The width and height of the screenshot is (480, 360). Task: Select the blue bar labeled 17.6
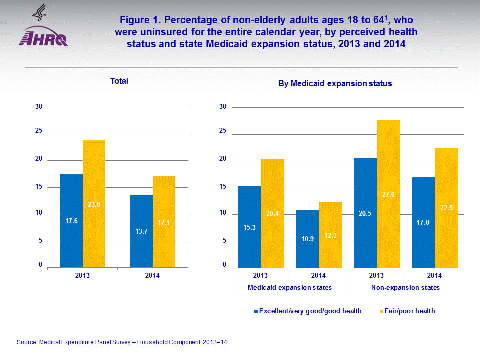click(71, 220)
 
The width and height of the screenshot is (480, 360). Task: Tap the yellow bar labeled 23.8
click(94, 204)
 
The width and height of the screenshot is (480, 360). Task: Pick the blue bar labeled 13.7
click(141, 231)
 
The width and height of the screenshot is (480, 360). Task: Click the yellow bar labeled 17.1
click(164, 222)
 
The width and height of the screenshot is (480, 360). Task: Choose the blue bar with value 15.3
click(249, 227)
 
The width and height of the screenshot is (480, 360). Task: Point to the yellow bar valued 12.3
click(330, 235)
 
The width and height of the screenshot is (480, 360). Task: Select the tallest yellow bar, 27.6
click(388, 194)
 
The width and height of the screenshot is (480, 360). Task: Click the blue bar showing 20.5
click(365, 213)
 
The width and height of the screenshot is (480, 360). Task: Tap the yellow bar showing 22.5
click(446, 208)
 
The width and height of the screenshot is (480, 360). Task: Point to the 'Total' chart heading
click(119, 81)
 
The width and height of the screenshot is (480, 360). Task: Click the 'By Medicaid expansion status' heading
click(335, 84)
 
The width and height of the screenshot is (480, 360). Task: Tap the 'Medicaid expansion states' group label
click(290, 288)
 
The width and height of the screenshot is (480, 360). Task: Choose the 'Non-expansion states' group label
click(406, 288)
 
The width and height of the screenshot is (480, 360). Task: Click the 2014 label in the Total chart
click(152, 276)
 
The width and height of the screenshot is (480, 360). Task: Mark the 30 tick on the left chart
click(38, 107)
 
